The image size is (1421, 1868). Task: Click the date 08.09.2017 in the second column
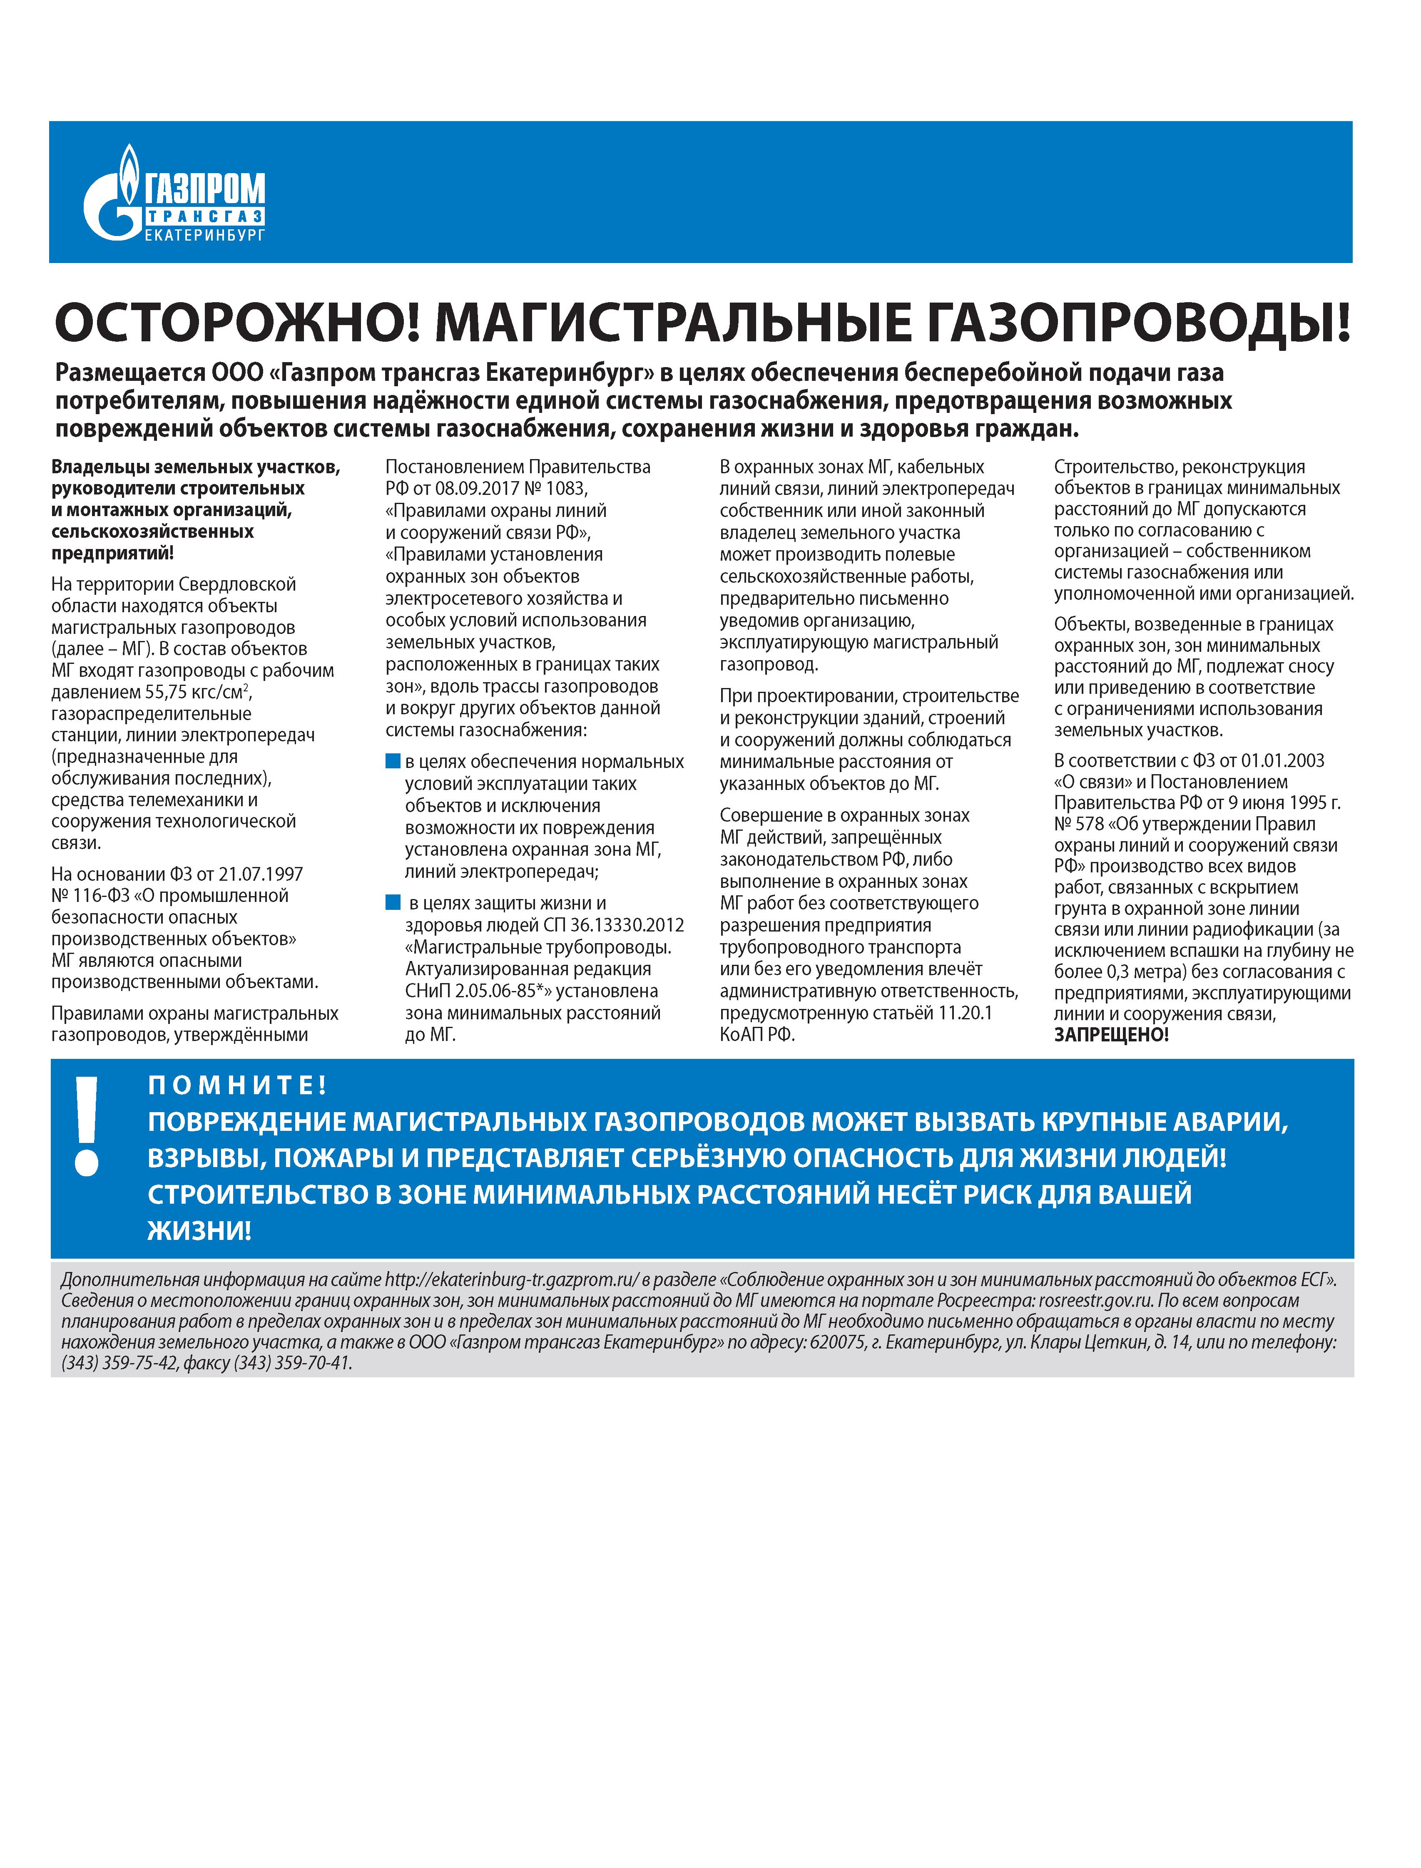(x=476, y=489)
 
